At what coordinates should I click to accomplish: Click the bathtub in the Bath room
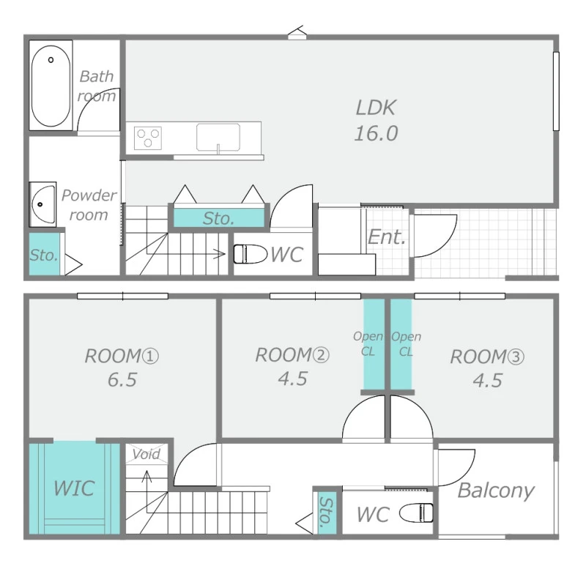[51, 86]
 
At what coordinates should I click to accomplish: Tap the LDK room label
[375, 108]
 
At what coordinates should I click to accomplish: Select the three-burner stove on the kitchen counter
[148, 138]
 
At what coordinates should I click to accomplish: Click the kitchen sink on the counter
[218, 138]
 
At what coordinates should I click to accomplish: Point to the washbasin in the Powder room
[42, 204]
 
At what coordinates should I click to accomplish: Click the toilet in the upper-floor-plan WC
[250, 254]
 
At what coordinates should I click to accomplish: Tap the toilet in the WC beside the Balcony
[416, 513]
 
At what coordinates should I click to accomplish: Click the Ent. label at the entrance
[387, 237]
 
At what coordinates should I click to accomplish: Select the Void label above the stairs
[146, 454]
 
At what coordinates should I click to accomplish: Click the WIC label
[74, 488]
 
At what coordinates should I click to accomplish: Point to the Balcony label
[496, 491]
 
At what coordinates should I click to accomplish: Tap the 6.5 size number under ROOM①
[122, 379]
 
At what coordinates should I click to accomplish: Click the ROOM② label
[292, 355]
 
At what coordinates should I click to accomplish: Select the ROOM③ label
[487, 357]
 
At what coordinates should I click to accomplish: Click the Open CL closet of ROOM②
[374, 344]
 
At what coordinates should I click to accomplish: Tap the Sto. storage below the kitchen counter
[218, 218]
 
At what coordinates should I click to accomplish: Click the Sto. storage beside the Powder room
[44, 254]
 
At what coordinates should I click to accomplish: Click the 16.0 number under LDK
[376, 133]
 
